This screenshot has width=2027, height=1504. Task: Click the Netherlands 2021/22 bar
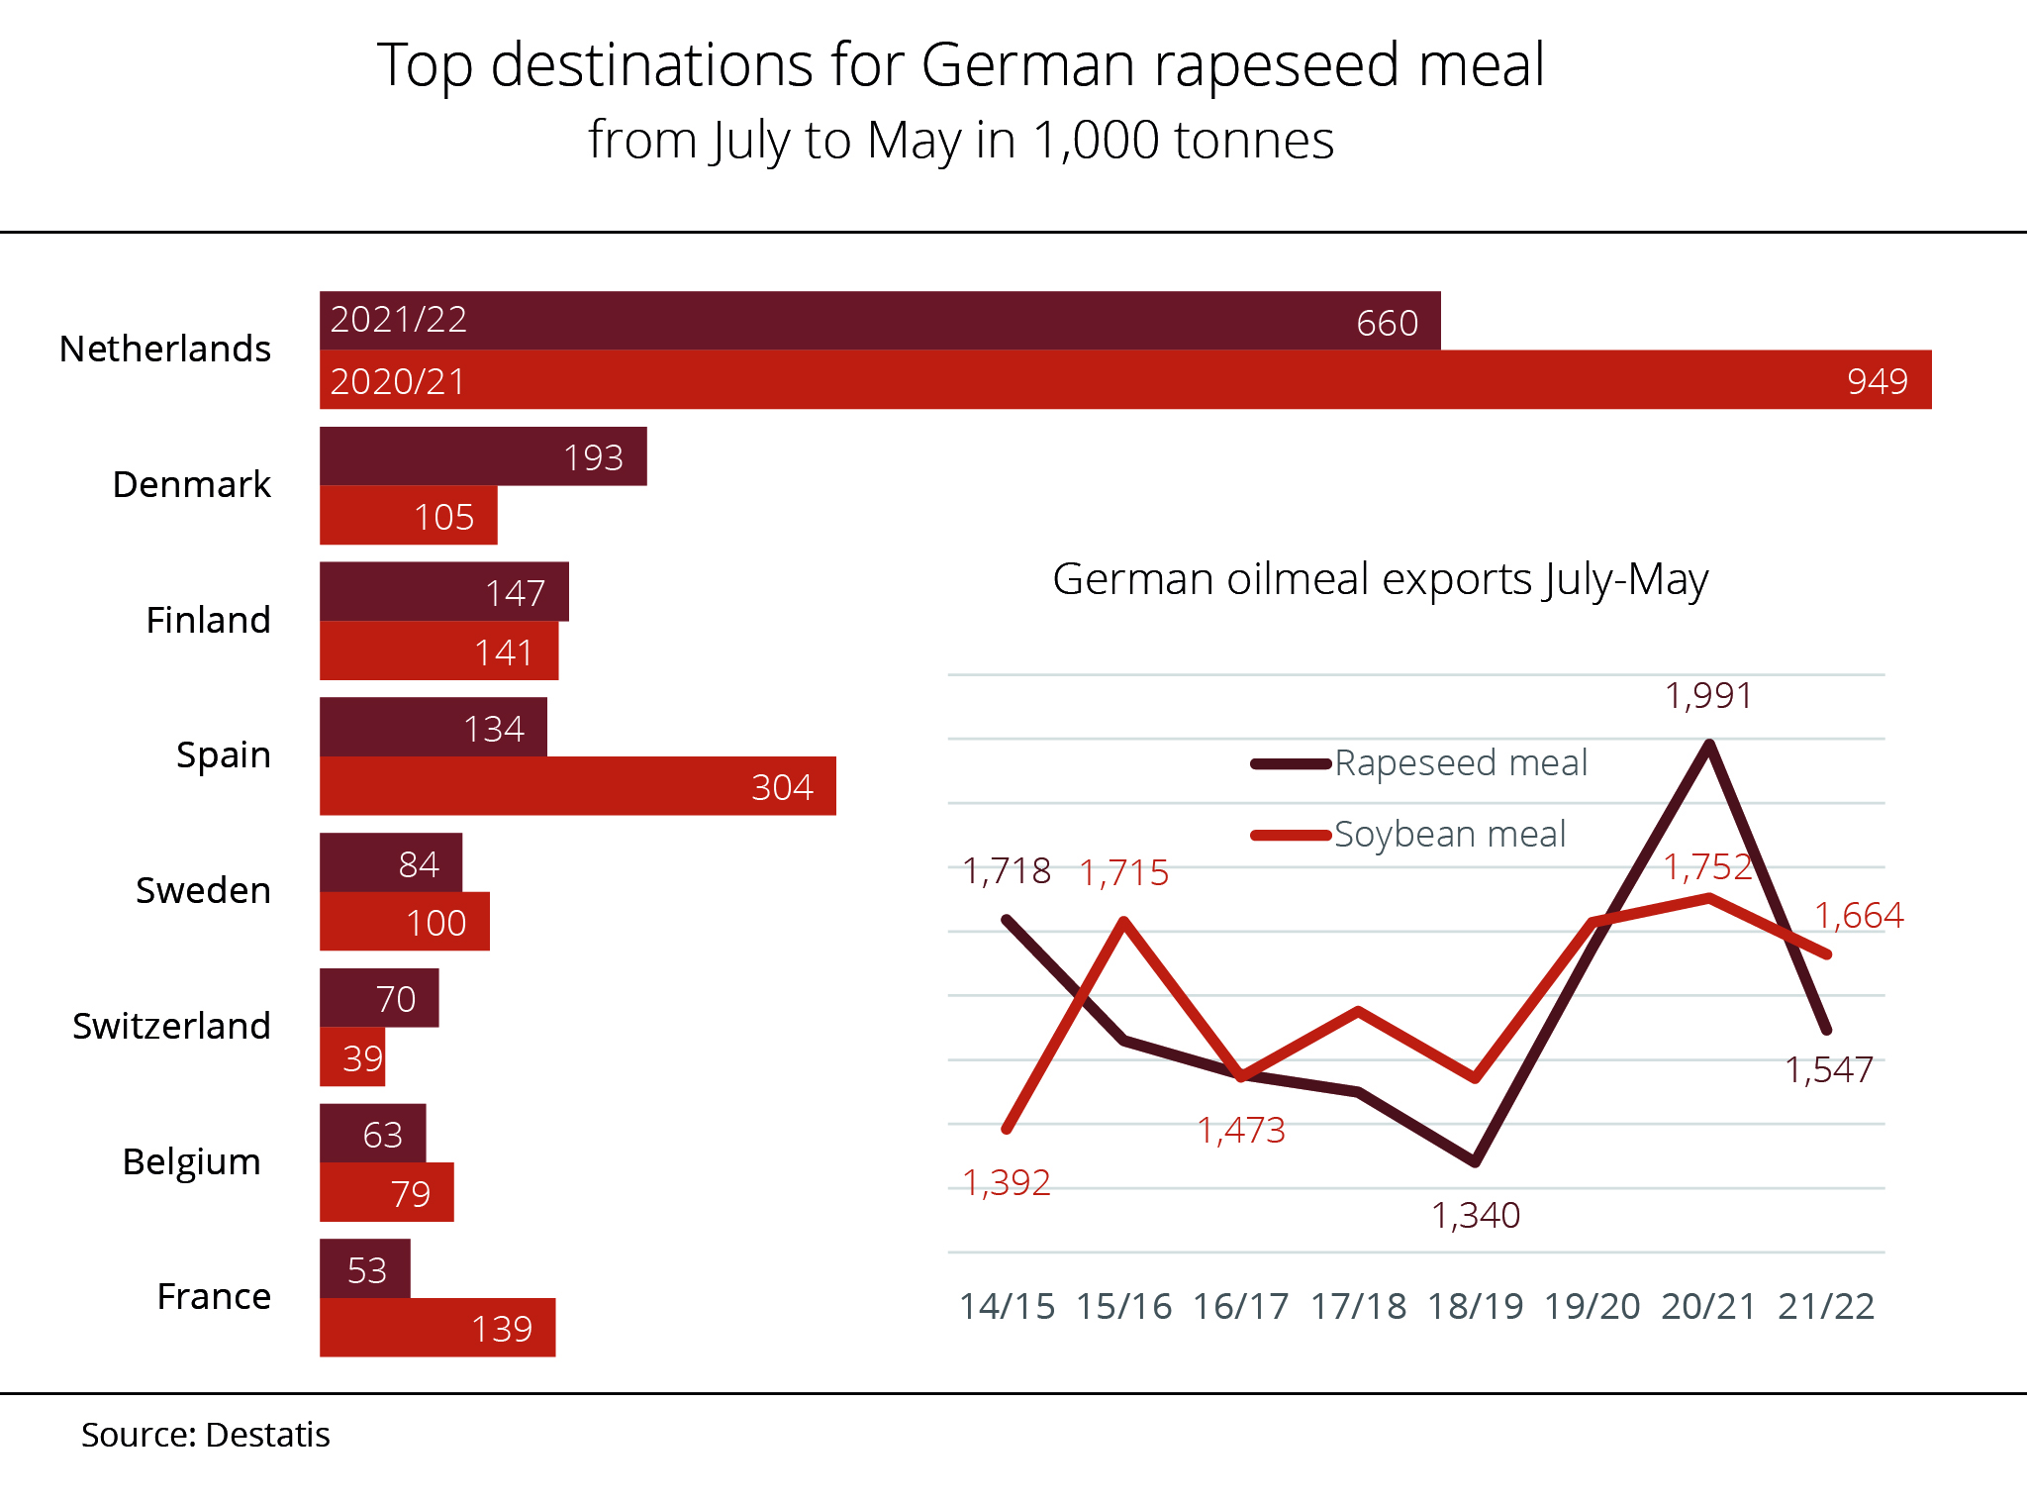coord(879,321)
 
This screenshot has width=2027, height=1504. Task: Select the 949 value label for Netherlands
coord(1877,381)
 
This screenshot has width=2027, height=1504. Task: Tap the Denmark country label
coord(191,485)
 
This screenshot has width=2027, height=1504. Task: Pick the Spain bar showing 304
coord(577,786)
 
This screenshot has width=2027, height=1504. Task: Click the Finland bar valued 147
coord(443,592)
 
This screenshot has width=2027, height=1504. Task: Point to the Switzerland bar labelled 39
coord(351,1057)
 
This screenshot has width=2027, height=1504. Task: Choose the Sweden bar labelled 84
coord(390,863)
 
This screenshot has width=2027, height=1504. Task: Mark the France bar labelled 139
coord(436,1328)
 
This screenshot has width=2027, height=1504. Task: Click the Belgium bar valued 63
coord(372,1134)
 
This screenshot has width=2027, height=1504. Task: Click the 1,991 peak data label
coord(1708,696)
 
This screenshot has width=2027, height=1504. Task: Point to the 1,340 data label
coord(1475,1215)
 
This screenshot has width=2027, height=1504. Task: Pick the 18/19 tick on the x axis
coord(1475,1307)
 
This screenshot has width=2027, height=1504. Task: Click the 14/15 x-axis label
coord(1007,1307)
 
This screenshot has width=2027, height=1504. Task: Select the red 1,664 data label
coord(1858,916)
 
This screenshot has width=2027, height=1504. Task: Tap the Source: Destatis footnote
coord(205,1435)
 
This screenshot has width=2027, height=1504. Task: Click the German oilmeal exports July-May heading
coord(1380,579)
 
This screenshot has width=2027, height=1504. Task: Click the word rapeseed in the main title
coord(1277,66)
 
